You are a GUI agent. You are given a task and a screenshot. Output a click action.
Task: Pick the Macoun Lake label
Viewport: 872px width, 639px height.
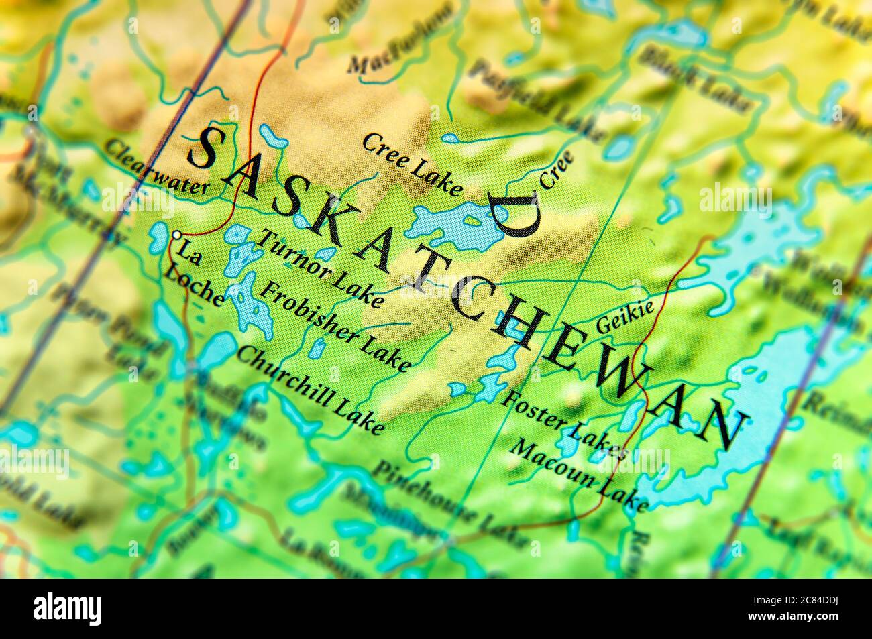point(578,474)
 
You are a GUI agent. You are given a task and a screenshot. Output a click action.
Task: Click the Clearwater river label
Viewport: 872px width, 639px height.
point(156,168)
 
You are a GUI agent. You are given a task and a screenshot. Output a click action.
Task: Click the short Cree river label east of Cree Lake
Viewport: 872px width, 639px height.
point(557,169)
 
